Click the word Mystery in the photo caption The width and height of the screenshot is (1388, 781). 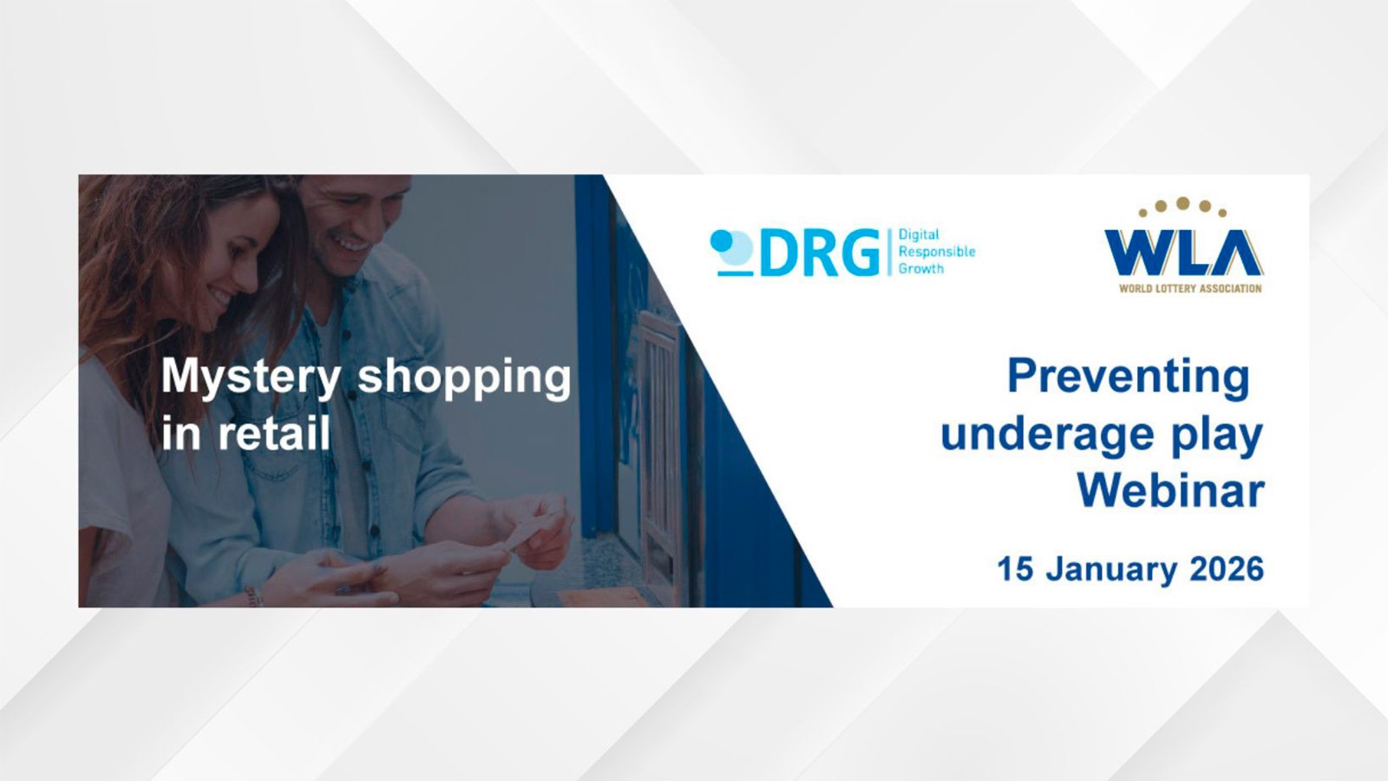251,378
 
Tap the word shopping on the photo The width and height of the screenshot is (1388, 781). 464,378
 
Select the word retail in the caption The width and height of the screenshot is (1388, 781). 273,433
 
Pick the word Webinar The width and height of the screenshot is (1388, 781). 1170,490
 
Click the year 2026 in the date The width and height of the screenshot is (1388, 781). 1227,569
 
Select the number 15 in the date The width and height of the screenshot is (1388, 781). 1015,569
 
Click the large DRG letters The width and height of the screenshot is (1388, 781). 819,253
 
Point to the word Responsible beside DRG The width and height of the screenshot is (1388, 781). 937,252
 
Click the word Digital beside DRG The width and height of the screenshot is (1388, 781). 919,234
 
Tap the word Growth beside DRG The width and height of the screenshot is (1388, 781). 921,269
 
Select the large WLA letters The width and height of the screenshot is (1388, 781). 1183,253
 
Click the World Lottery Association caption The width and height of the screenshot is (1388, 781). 1190,288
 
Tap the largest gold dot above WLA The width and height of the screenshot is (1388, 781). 1182,203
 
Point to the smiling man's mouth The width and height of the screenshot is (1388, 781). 354,245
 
